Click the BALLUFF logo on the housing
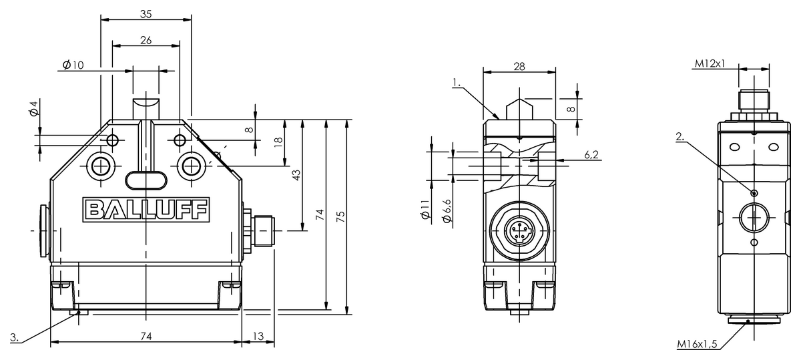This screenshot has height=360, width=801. coord(146,209)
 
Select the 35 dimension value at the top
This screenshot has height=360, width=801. coord(146,14)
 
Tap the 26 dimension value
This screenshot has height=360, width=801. coord(146,41)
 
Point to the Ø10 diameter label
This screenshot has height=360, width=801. coord(73,65)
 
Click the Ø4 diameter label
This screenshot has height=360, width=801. coord(34,109)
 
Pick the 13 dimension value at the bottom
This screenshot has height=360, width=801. coord(258,337)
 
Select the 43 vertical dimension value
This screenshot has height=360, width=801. coord(296,175)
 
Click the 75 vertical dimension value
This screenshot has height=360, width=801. coord(341,217)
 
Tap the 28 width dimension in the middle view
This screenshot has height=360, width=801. coord(519,67)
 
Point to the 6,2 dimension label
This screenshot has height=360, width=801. coord(591,155)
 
